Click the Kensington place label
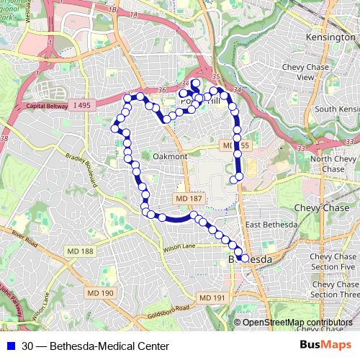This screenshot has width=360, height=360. tap(325, 35)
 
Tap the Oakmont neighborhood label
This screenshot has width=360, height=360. tap(169, 156)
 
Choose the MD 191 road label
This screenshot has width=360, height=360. tap(213, 297)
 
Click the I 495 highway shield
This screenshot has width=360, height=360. tap(81, 105)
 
